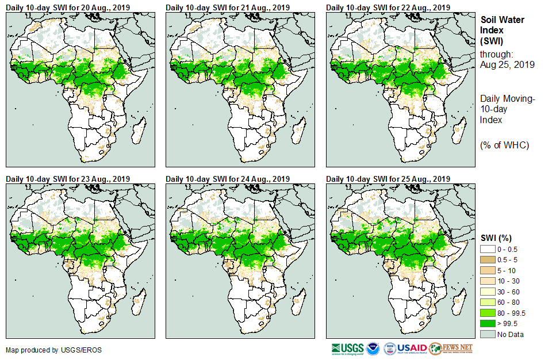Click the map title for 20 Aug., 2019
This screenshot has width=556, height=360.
click(x=68, y=7)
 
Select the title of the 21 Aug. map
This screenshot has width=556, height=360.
click(x=228, y=7)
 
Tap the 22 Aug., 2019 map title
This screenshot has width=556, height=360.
click(x=388, y=7)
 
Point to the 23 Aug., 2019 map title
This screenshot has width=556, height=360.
click(x=68, y=179)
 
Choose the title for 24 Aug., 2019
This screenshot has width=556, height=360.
click(x=228, y=179)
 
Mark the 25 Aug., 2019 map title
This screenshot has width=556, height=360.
click(x=388, y=179)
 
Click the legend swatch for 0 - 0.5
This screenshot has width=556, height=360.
click(x=488, y=248)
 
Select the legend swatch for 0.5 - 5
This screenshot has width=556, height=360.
click(x=488, y=259)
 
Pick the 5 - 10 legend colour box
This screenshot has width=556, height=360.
click(x=488, y=270)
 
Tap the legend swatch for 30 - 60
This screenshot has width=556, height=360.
click(x=488, y=292)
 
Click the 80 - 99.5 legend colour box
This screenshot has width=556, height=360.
click(x=488, y=313)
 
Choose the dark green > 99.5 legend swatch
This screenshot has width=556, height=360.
click(x=488, y=324)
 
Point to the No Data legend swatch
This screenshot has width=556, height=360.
click(x=488, y=334)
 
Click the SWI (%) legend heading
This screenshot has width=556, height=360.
click(x=496, y=238)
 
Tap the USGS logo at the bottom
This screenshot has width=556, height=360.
click(x=347, y=348)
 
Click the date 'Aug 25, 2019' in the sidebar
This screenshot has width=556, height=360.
click(x=507, y=64)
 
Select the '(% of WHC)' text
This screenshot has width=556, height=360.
click(x=504, y=145)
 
